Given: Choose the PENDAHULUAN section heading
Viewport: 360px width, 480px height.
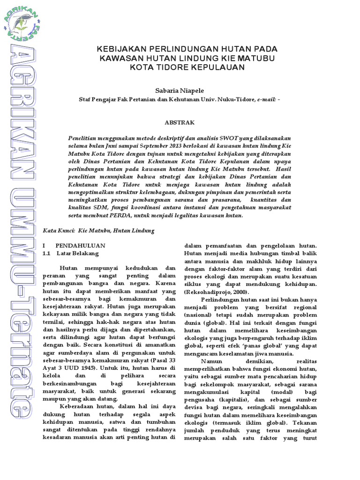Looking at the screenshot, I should [81, 245].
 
